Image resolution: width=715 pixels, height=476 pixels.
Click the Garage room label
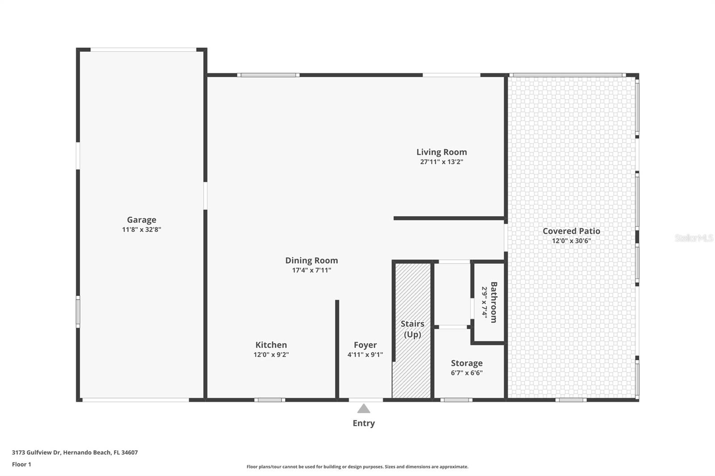[x=141, y=220]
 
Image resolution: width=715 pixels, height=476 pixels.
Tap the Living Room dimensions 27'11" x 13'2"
[x=442, y=162]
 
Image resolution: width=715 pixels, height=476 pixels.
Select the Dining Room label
[x=311, y=260]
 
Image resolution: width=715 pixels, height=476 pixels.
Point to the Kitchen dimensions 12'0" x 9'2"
[x=271, y=355]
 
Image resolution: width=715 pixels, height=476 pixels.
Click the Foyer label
[x=365, y=345]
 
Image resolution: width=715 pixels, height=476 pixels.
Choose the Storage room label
[x=467, y=363]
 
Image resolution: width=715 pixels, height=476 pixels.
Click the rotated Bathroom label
[x=494, y=302]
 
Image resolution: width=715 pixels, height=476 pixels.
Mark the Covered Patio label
[x=571, y=231]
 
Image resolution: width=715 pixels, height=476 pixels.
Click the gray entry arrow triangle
[x=364, y=409]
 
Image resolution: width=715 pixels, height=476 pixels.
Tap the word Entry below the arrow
[x=364, y=423]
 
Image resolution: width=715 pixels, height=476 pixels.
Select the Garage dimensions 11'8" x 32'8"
[x=141, y=230]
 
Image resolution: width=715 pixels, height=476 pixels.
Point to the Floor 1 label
[x=21, y=464]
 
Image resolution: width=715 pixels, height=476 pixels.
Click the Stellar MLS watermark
[x=694, y=238]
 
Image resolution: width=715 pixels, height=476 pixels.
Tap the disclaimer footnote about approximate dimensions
[x=357, y=467]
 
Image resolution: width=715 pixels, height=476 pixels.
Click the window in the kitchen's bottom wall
[x=270, y=400]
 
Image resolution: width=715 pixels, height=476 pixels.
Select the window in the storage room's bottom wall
[x=456, y=400]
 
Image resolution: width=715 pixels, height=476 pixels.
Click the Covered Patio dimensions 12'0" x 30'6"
[x=571, y=241]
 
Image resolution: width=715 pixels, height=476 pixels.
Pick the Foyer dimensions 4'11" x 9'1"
[x=365, y=355]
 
